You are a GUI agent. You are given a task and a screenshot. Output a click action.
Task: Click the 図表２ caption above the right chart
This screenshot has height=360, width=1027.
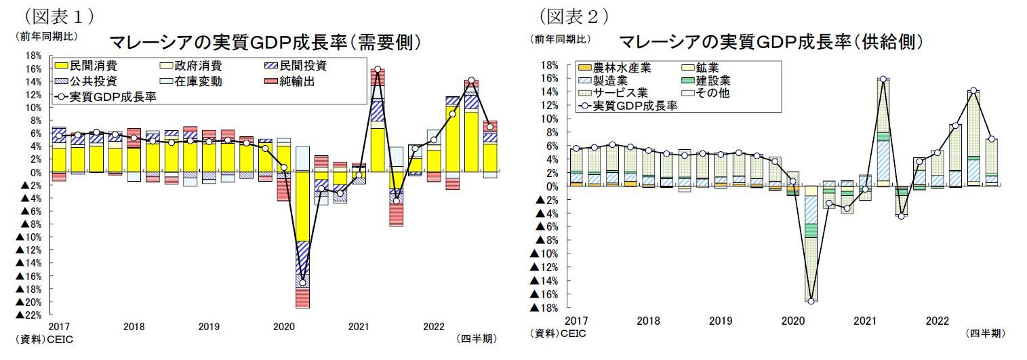click(573, 15)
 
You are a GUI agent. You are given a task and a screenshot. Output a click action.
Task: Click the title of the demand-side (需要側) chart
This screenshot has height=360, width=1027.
click(265, 42)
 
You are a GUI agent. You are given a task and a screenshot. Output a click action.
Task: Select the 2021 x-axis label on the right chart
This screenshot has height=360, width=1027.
click(865, 320)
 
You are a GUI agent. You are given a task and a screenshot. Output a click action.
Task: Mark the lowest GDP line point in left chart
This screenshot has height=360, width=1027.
click(302, 283)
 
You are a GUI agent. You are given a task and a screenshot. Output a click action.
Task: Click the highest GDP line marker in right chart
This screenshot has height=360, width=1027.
click(883, 79)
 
